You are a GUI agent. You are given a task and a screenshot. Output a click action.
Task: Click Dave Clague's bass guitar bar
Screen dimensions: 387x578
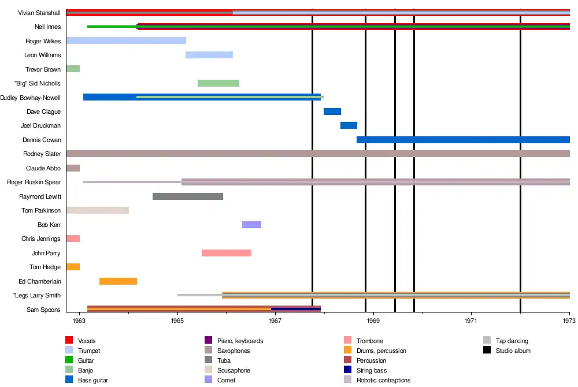pyautogui.click(x=332, y=111)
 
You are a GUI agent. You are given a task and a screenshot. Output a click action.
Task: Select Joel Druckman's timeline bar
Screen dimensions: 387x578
pyautogui.click(x=349, y=125)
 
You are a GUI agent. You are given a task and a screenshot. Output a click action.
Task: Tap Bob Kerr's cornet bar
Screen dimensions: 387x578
pyautogui.click(x=251, y=225)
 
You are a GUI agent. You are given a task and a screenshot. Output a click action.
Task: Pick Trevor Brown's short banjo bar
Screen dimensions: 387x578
pyautogui.click(x=73, y=69)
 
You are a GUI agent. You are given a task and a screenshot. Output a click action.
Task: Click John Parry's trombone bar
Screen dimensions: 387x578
pyautogui.click(x=227, y=253)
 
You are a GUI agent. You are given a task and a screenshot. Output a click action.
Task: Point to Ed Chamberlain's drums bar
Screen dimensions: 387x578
pyautogui.click(x=118, y=281)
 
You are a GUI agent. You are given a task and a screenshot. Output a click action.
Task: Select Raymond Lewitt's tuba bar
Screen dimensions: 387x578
pyautogui.click(x=188, y=196)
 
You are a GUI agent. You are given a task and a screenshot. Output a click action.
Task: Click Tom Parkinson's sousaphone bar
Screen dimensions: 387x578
pyautogui.click(x=97, y=210)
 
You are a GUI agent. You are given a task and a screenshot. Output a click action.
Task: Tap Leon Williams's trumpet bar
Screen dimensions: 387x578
pyautogui.click(x=209, y=55)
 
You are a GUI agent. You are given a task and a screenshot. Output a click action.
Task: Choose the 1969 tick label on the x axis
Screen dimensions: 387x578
pyautogui.click(x=373, y=320)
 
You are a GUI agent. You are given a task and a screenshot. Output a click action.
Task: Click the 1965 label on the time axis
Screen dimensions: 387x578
pyautogui.click(x=177, y=320)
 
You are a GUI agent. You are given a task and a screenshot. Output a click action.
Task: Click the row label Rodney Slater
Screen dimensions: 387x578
pyautogui.click(x=42, y=154)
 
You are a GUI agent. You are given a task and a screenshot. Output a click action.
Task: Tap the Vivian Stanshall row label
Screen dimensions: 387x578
pyautogui.click(x=39, y=13)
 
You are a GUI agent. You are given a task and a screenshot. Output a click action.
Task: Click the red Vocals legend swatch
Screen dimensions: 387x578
pyautogui.click(x=69, y=341)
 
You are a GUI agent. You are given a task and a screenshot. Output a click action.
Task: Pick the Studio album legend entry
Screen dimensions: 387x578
pyautogui.click(x=513, y=351)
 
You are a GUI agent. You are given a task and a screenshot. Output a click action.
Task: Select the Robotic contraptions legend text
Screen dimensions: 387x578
pyautogui.click(x=383, y=380)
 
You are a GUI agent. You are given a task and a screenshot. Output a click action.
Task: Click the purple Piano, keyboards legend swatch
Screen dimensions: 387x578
pyautogui.click(x=202, y=341)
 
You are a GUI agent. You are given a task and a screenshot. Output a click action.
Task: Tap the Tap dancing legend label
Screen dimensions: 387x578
pyautogui.click(x=512, y=341)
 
